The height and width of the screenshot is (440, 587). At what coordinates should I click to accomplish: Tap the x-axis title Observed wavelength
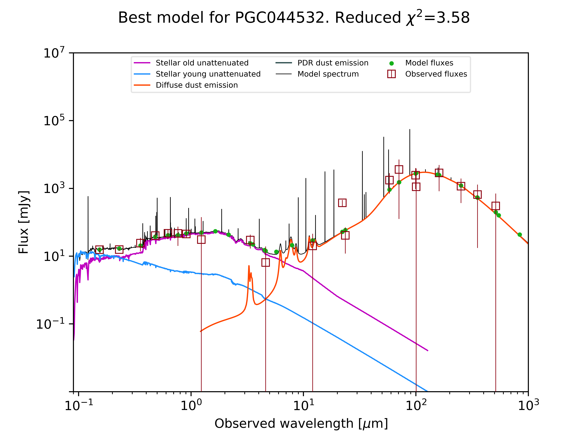click(301, 423)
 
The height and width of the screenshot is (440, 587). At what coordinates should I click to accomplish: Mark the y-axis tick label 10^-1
click(50, 324)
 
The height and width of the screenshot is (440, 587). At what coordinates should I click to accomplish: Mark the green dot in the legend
click(391, 63)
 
